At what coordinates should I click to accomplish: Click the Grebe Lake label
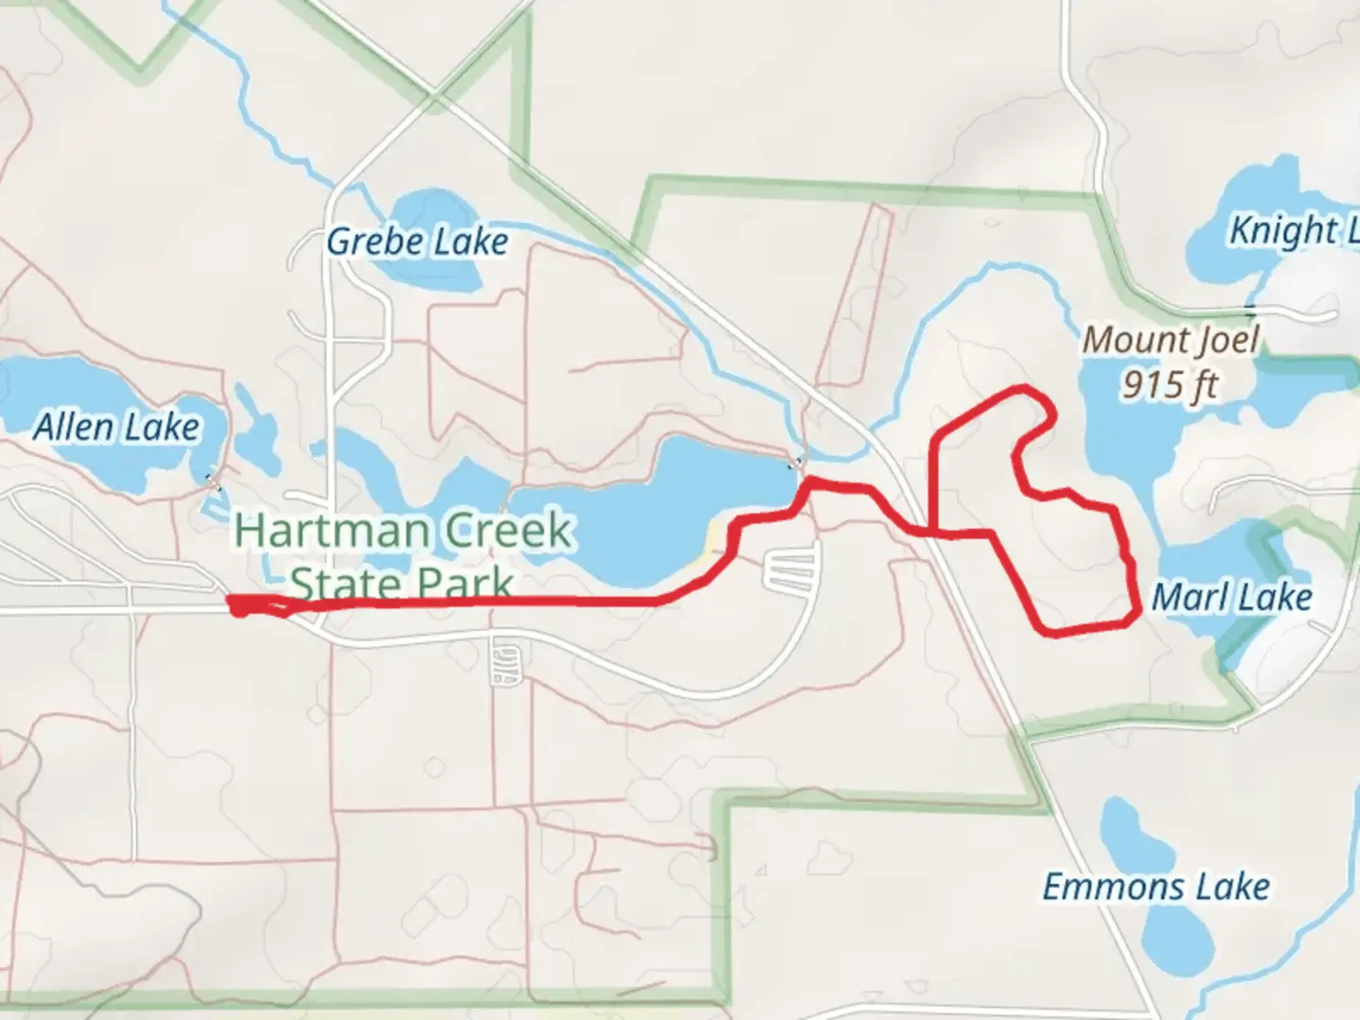point(417,242)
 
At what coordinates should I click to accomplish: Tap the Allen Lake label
point(116,428)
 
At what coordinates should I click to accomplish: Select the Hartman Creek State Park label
point(403,557)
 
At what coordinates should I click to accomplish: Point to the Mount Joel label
point(1171,340)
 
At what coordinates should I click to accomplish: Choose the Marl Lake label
point(1232,597)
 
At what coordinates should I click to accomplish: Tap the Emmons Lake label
point(1156,887)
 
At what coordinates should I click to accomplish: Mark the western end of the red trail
point(232,604)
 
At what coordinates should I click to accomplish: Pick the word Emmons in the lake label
point(1113,887)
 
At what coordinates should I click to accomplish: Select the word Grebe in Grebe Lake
point(370,242)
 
